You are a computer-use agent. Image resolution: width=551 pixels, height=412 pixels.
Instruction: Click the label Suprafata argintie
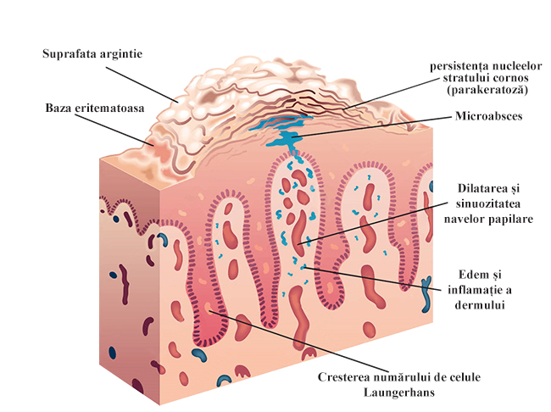click(92, 54)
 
